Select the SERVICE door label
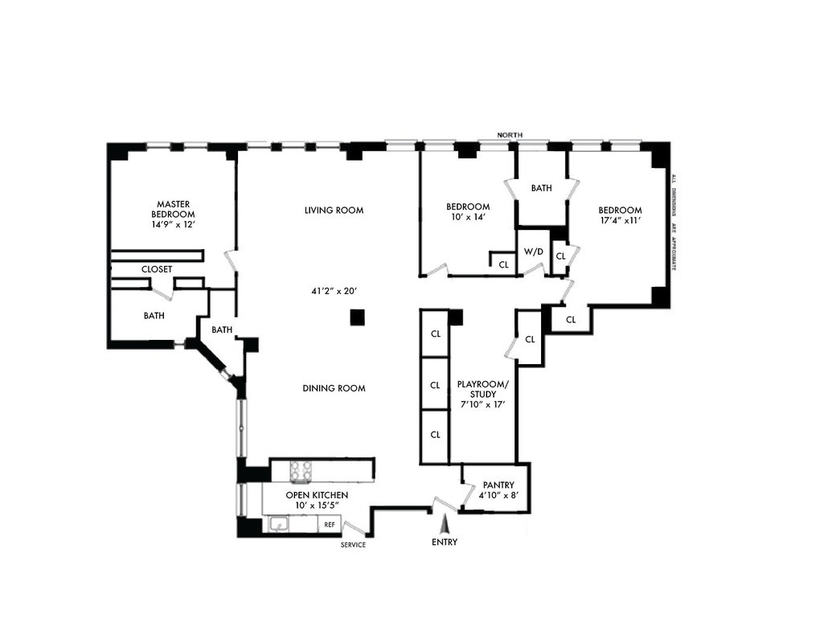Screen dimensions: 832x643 pos(353,545)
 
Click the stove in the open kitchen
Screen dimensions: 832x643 pos(301,469)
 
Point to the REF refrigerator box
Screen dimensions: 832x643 pos(329,525)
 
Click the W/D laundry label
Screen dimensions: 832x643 pos(534,252)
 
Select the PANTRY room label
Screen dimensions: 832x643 pos(498,485)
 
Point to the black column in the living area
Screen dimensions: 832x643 pos(357,317)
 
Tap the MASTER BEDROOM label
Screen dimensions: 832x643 pos(173,209)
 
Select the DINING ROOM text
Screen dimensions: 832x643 pos(334,388)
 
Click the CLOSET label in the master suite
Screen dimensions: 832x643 pos(157,269)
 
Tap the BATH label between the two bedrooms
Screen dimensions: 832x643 pos(542,188)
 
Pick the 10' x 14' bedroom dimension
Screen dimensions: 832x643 pos(468,217)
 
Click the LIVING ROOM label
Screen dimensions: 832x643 pos(334,211)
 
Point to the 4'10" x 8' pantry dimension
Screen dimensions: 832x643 pos(498,496)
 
